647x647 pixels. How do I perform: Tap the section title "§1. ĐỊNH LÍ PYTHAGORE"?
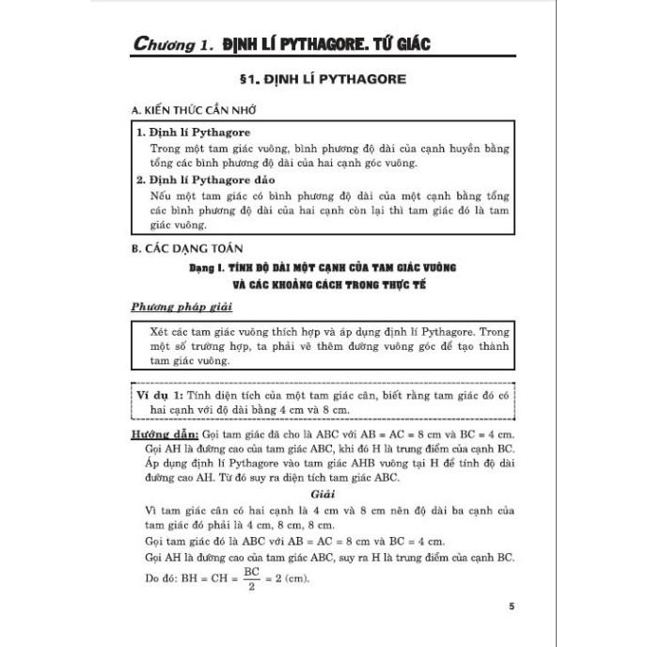tap(323, 80)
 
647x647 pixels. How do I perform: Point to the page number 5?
tap(511, 607)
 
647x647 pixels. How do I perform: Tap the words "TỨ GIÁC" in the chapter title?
tap(395, 43)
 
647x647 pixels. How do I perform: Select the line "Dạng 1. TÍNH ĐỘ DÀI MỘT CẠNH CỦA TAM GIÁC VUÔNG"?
tap(323, 268)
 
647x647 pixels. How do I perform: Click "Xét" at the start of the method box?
tap(159, 332)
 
